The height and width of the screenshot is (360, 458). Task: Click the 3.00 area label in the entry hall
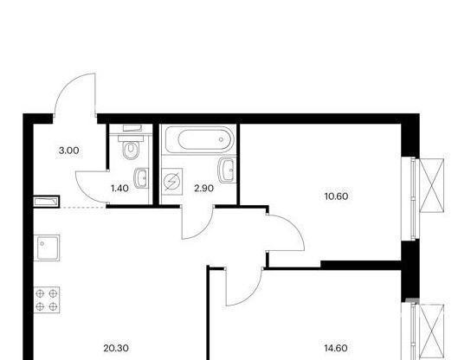click(x=69, y=151)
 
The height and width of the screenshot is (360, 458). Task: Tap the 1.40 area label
click(x=119, y=189)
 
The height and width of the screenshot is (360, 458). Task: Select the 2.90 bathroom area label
click(x=203, y=189)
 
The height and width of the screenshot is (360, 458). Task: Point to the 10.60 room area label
click(x=336, y=196)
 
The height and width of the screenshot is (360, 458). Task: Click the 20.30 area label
click(x=116, y=348)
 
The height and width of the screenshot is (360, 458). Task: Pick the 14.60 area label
click(x=336, y=348)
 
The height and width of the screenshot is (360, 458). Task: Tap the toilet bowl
click(x=131, y=150)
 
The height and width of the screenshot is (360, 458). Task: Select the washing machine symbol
click(x=171, y=182)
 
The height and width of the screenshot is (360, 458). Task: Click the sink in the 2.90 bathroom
click(x=227, y=170)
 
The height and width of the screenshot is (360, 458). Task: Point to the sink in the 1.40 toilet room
click(x=141, y=178)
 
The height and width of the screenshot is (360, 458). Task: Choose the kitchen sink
click(x=47, y=247)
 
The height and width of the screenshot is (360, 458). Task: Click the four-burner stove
click(x=47, y=299)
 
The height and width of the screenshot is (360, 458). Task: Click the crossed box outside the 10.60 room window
click(x=432, y=185)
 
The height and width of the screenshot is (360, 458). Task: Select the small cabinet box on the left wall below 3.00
click(x=47, y=202)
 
